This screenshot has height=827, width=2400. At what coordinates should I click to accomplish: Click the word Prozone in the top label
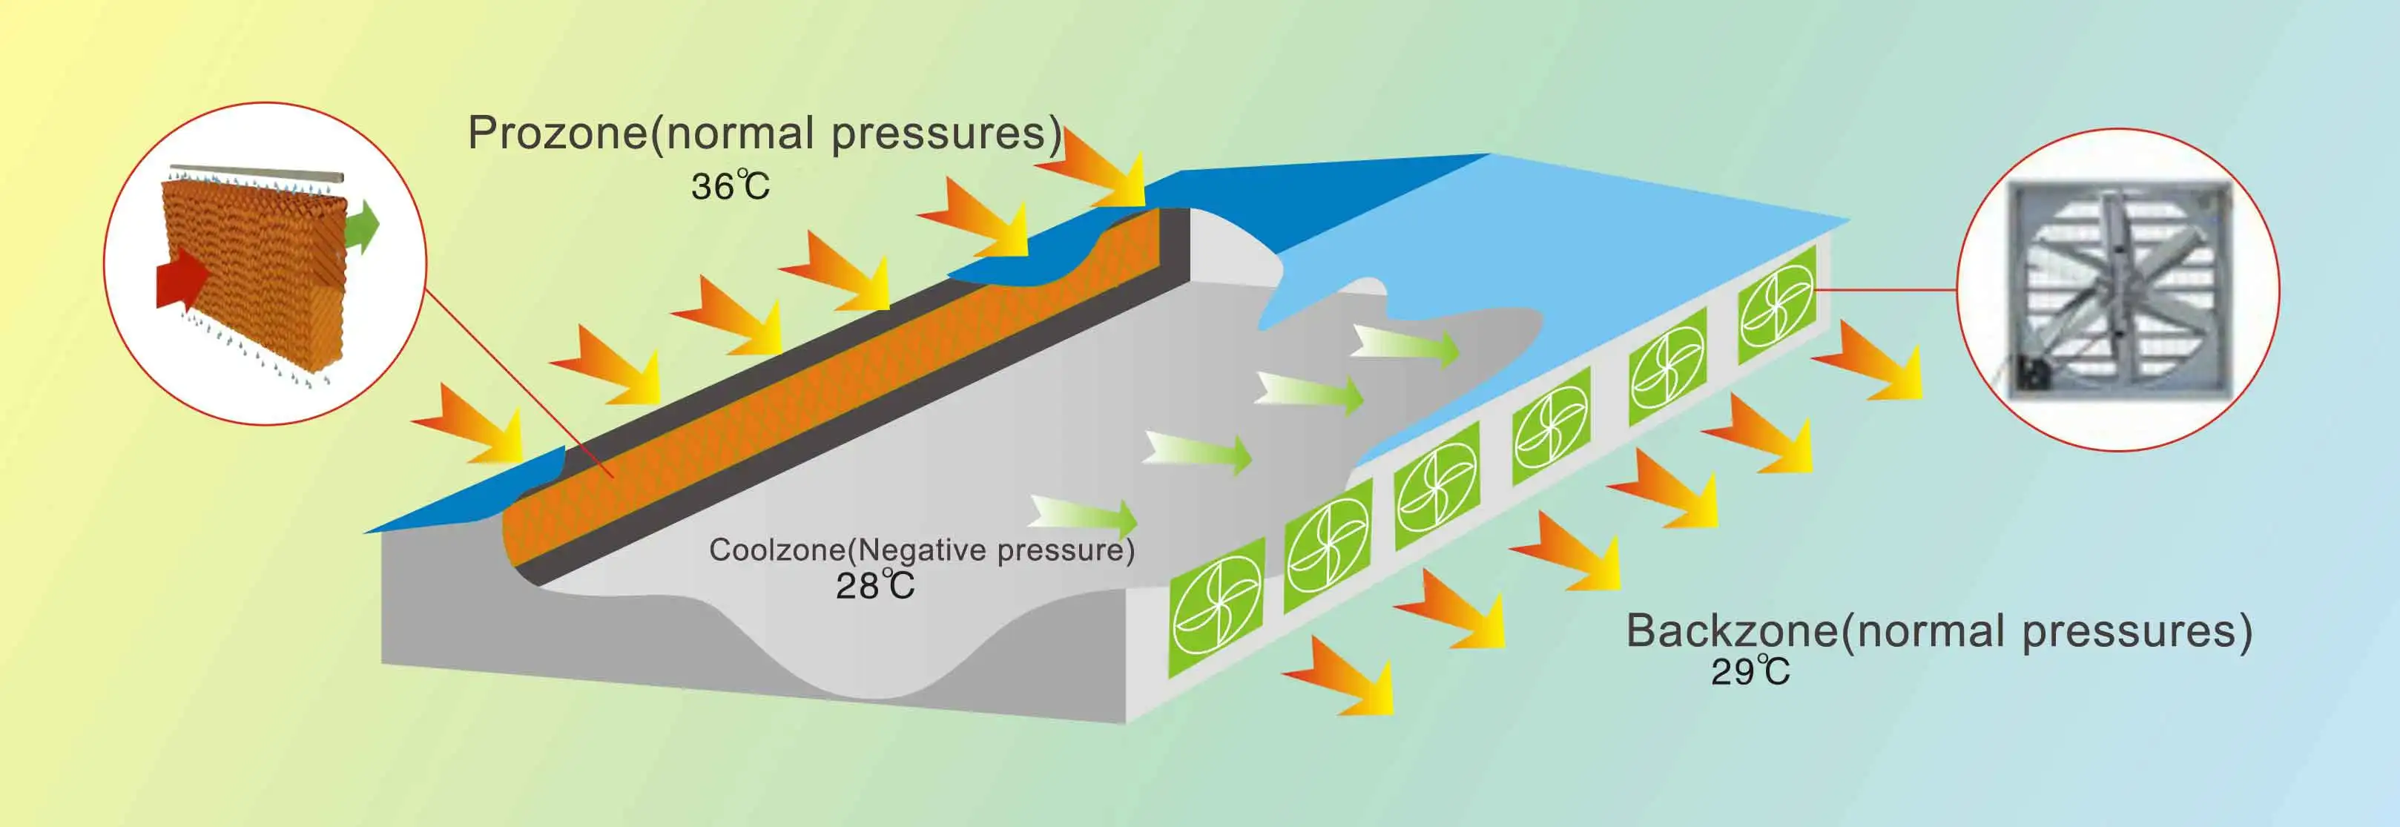click(x=557, y=134)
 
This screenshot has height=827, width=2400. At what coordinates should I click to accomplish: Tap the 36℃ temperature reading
click(x=731, y=186)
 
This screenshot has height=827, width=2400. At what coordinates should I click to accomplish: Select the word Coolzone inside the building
click(x=776, y=550)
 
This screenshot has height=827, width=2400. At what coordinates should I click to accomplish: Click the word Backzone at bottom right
click(x=1731, y=631)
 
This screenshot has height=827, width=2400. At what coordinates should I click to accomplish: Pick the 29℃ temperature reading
click(x=1750, y=671)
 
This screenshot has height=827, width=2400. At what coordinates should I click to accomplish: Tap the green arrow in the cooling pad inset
click(x=363, y=226)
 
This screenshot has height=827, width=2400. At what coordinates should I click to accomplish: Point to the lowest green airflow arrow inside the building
click(x=1085, y=515)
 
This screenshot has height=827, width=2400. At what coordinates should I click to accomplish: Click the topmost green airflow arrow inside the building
click(x=1407, y=345)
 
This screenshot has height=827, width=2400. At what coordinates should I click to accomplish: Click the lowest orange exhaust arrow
click(x=1342, y=675)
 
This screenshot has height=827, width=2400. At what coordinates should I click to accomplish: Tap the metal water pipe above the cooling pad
click(x=256, y=172)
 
